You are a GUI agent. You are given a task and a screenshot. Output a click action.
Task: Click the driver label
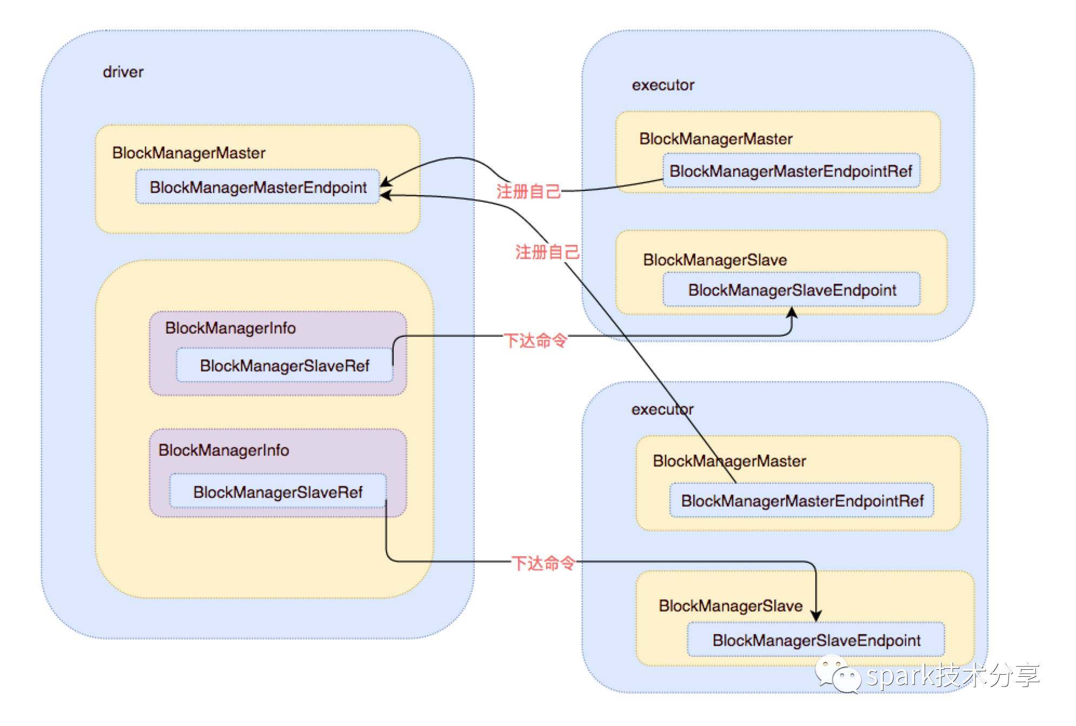(x=123, y=72)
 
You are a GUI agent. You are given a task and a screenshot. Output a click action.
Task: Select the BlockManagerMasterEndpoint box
(x=258, y=187)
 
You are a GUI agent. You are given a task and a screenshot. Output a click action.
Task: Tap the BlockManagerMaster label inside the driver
(x=189, y=153)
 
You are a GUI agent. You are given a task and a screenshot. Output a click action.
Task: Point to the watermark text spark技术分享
(x=953, y=675)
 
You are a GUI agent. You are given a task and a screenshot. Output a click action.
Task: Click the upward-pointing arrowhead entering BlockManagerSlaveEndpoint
(x=792, y=313)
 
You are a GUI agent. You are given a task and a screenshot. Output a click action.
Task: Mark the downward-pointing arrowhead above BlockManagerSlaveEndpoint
(x=816, y=615)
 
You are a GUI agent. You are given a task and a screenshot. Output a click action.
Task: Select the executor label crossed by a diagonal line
(x=662, y=409)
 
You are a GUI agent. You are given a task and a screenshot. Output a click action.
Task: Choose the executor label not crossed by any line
(x=663, y=85)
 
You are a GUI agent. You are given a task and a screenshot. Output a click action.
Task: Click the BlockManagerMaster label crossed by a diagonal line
(x=729, y=461)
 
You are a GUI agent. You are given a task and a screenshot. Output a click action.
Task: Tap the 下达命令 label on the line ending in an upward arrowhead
(x=535, y=340)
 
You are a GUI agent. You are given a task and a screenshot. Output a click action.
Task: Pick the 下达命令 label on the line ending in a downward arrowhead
(x=543, y=563)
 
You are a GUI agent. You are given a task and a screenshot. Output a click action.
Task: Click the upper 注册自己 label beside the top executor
(x=528, y=191)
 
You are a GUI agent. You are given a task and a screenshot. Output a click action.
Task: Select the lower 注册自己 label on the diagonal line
(x=547, y=252)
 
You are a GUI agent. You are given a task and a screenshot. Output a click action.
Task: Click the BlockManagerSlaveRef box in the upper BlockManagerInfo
(x=284, y=365)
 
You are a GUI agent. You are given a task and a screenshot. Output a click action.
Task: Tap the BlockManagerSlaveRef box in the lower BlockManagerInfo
(x=278, y=491)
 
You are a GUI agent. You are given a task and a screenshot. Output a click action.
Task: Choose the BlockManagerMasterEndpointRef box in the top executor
(x=792, y=171)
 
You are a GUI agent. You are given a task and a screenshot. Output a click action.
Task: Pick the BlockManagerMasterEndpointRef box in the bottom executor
(x=802, y=501)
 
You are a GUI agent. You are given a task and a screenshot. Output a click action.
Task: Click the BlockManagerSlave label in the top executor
(x=715, y=260)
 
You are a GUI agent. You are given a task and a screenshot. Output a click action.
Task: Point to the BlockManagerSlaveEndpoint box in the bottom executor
(x=816, y=640)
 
